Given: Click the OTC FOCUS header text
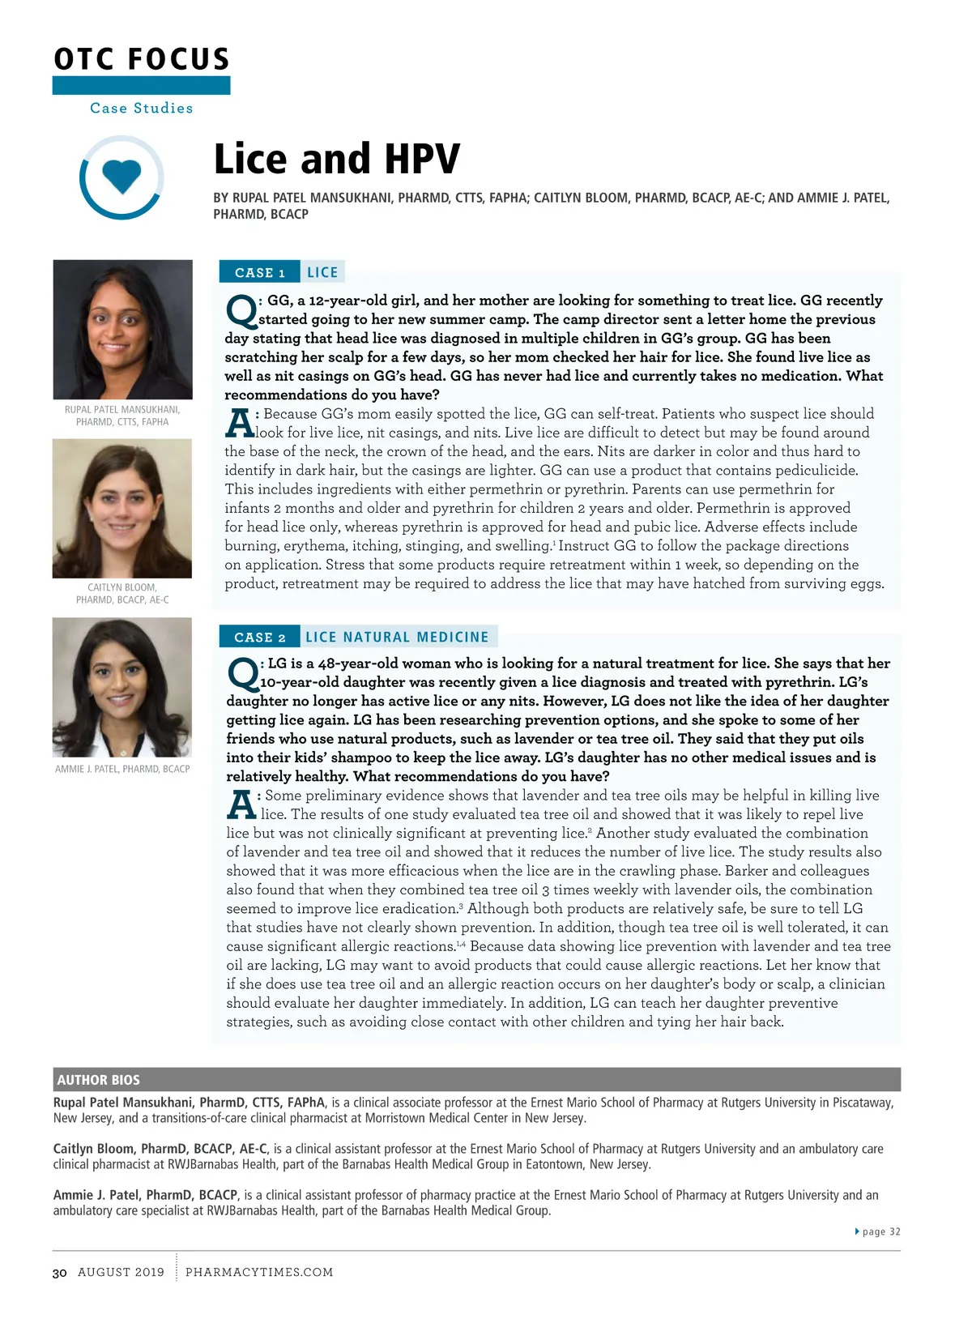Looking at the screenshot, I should click(142, 59).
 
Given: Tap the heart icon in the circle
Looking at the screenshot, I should click(122, 176).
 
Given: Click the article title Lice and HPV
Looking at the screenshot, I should click(336, 159).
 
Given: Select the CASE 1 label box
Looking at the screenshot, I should click(259, 272).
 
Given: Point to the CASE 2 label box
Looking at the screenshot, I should click(259, 637).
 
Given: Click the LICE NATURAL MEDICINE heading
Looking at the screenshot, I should click(397, 637).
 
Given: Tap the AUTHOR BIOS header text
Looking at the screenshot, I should click(98, 1080).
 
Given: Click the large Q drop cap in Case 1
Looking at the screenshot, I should click(241, 310).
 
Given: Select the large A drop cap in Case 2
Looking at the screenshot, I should click(241, 804).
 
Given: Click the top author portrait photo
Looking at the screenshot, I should click(122, 329).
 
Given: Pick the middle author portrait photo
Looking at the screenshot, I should click(122, 508).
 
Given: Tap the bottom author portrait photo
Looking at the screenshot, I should click(122, 687).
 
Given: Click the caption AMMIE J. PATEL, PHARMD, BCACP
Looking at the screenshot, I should click(122, 769).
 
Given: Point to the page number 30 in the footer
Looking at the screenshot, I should click(59, 1273).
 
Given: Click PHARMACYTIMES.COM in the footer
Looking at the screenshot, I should click(259, 1272).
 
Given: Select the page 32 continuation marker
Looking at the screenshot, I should click(879, 1231).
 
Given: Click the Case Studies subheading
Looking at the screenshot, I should click(142, 108).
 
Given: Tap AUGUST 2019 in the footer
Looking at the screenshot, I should click(121, 1272).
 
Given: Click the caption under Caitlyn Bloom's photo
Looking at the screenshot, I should click(122, 593).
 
